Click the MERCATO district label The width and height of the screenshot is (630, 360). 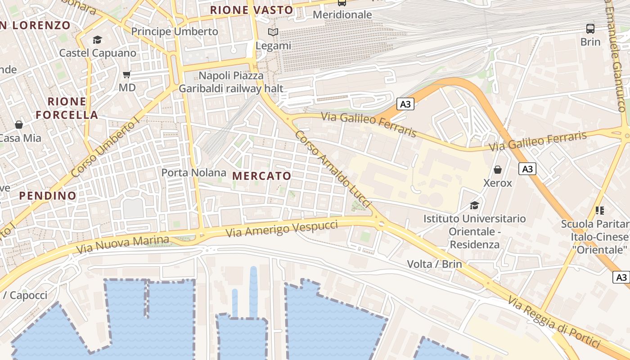(x=262, y=176)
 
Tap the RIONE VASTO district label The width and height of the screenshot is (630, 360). (x=252, y=10)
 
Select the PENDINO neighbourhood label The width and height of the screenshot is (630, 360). (x=48, y=196)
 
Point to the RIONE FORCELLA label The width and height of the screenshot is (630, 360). (x=67, y=108)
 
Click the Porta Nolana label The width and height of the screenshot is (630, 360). (x=193, y=173)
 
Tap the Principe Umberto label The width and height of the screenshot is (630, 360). (x=175, y=31)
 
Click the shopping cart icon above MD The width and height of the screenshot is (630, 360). (x=127, y=74)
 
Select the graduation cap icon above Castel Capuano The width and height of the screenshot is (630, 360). (x=98, y=40)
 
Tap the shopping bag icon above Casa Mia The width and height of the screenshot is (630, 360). (x=19, y=125)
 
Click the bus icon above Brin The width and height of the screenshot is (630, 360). (x=590, y=29)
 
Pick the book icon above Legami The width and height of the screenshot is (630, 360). (x=273, y=32)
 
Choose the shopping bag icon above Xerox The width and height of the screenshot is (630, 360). (x=498, y=170)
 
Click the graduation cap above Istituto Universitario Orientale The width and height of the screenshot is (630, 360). (x=474, y=206)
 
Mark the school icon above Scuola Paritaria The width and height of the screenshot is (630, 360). (x=599, y=210)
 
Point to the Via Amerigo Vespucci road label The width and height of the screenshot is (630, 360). (x=281, y=229)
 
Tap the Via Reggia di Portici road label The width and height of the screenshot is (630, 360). (x=554, y=322)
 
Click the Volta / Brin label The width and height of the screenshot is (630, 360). (x=434, y=264)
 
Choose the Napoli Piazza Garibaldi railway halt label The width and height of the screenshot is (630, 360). (x=231, y=82)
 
